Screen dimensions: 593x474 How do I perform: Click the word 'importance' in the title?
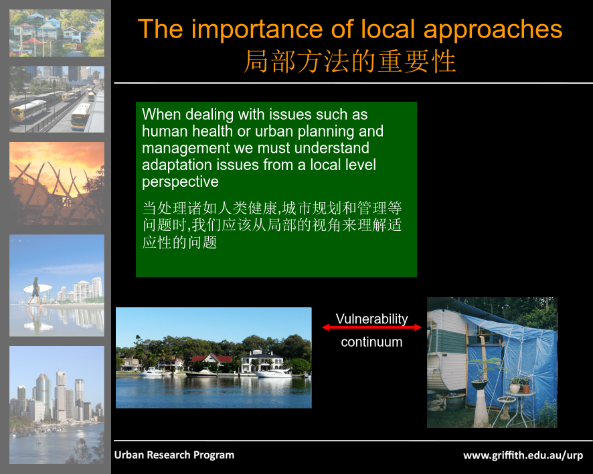tap(257, 30)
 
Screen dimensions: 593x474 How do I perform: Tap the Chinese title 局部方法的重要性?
tap(350, 62)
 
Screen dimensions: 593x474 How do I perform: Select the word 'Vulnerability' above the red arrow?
tap(371, 319)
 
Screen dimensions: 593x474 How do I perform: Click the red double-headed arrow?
tap(371, 327)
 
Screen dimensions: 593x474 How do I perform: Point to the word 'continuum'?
tap(371, 342)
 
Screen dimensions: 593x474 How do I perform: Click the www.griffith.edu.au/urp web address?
tap(523, 455)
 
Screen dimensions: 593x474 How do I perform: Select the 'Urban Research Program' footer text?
tap(174, 455)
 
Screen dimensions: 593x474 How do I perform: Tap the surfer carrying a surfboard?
tap(35, 291)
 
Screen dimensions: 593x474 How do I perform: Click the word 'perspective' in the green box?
tap(181, 182)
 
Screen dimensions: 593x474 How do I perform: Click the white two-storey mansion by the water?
tap(262, 362)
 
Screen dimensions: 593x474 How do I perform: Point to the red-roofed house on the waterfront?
tap(211, 362)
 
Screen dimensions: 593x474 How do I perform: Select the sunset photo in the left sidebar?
tap(57, 183)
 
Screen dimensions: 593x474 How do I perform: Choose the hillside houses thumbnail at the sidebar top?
tap(57, 33)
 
